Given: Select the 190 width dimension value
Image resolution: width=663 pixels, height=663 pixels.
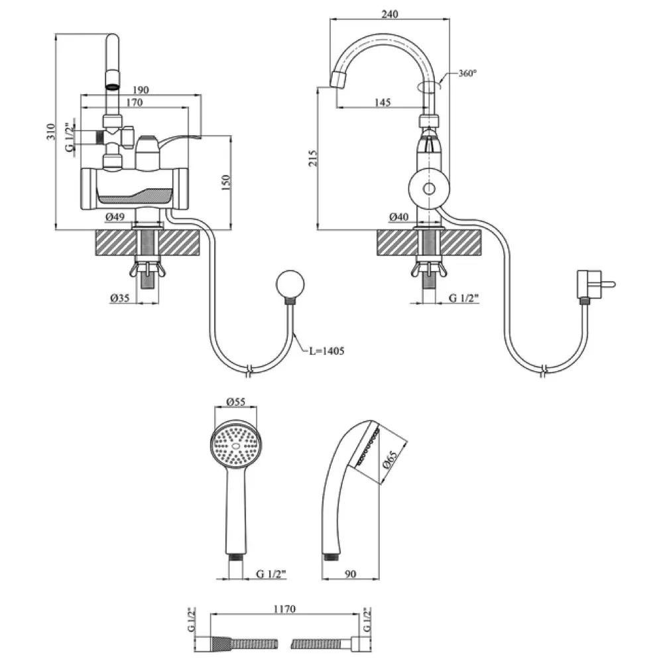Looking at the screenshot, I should coord(139,90).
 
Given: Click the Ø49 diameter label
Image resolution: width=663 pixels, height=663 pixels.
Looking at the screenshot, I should coord(116,217).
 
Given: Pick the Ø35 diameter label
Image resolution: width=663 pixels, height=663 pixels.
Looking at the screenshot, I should coord(119,297).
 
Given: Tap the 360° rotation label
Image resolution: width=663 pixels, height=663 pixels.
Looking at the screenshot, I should coord(467,74).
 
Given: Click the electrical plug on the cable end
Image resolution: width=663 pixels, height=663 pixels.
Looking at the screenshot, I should coord(591,284).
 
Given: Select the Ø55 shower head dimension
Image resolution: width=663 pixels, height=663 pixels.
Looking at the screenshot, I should coord(236,402).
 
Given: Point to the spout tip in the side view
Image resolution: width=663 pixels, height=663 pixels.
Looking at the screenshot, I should coord(338,80).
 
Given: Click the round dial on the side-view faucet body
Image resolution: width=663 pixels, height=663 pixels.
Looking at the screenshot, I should coord(428,190).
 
